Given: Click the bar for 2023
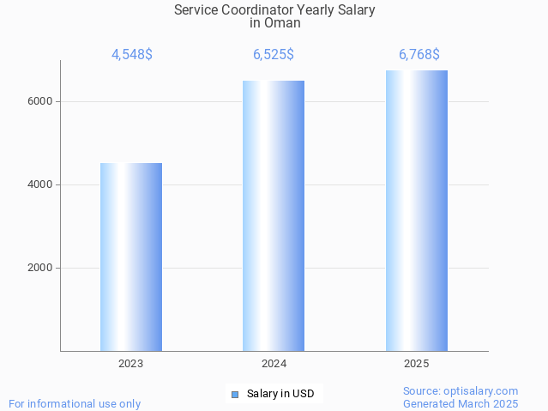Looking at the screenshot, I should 131,257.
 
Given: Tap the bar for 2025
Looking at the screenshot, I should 416,211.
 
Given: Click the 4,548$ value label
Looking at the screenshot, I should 131,55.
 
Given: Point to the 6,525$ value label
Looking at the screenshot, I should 274,55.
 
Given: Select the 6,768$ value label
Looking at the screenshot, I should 419,55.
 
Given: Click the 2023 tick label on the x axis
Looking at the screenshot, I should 131,364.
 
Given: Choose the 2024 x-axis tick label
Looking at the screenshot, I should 274,364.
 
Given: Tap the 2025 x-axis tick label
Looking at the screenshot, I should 416,364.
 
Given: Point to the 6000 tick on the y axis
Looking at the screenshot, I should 40,101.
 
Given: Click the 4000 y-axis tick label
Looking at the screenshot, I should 40,184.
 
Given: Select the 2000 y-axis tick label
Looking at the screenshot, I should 40,268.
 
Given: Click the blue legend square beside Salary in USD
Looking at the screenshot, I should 234,395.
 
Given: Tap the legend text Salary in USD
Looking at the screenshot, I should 280,395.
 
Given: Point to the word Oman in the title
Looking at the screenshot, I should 282,23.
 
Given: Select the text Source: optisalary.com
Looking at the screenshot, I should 461,391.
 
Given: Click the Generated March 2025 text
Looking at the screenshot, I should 461,403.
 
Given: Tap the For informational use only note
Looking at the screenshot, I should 75,403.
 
